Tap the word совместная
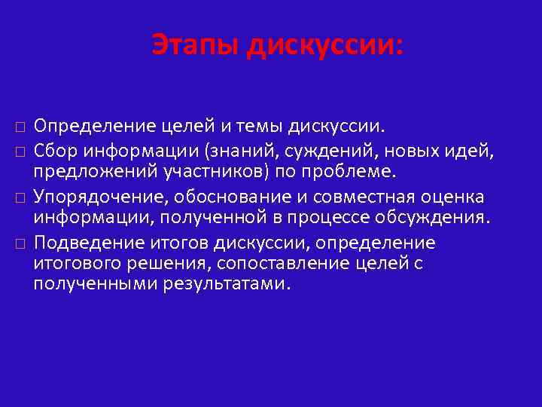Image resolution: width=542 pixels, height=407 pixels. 355,197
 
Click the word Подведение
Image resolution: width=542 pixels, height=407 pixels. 83,243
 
